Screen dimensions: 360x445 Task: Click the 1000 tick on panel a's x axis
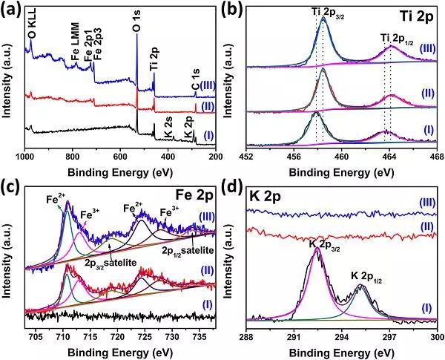(x=25, y=157)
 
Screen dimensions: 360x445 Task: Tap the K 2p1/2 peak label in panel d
(x=372, y=275)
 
